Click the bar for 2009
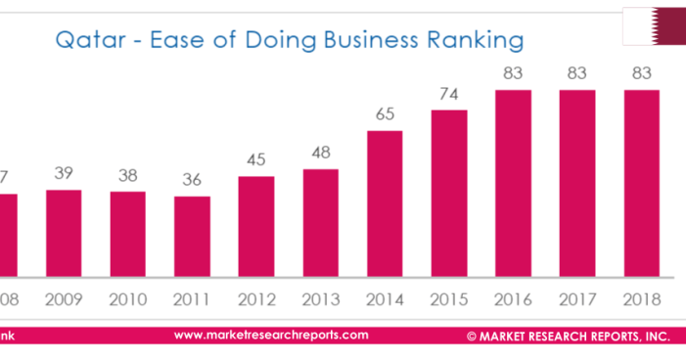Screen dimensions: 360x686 click(64, 233)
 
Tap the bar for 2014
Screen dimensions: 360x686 click(385, 203)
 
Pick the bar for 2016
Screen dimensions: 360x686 click(513, 183)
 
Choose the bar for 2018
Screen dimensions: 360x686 click(641, 183)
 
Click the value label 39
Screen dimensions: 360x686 click(64, 172)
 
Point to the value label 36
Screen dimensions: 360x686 click(192, 179)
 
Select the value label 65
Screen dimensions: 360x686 click(385, 113)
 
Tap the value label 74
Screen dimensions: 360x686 click(449, 93)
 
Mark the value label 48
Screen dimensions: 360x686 click(320, 153)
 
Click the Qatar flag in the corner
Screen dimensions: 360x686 click(654, 25)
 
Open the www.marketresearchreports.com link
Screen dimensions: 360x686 click(271, 335)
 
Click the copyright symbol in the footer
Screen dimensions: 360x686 click(472, 336)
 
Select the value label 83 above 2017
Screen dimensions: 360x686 click(577, 72)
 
